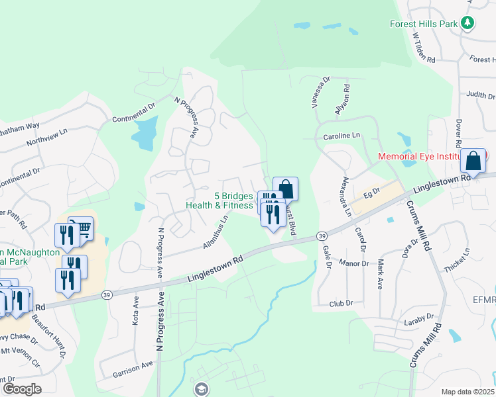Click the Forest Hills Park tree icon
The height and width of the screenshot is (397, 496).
pos(468,23)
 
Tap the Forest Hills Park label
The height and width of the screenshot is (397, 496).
pos(423,24)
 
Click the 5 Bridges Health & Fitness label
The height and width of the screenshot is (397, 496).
pos(219,200)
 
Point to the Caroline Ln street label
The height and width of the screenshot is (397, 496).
pos(341,136)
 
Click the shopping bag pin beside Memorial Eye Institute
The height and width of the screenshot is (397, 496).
pos(474,161)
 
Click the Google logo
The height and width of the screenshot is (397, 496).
pos(21,389)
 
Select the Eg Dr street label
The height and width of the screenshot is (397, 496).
pos(371,193)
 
